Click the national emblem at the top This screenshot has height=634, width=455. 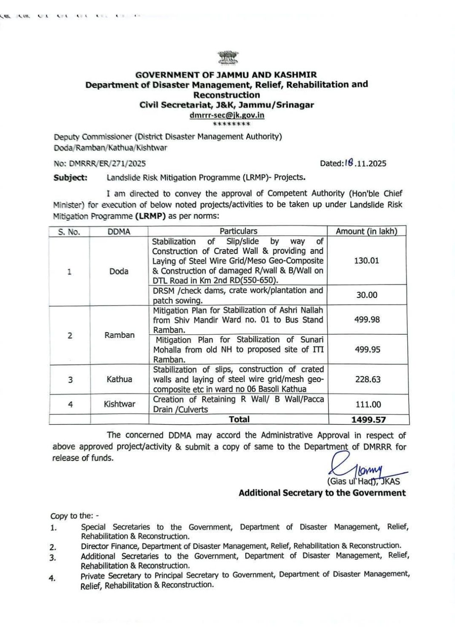click(227, 58)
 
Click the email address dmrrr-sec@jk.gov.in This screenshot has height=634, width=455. click(227, 115)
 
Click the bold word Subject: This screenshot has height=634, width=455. click(70, 178)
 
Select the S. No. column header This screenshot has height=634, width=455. click(69, 232)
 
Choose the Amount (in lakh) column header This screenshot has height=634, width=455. click(366, 231)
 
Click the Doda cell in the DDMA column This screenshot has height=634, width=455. click(119, 271)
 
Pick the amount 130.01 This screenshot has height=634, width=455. click(366, 261)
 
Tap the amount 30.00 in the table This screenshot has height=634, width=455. click(366, 295)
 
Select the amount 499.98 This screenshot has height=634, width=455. click(367, 319)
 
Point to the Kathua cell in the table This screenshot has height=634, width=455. click(119, 379)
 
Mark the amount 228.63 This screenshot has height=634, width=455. click(368, 379)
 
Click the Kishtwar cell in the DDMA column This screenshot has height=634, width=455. click(119, 404)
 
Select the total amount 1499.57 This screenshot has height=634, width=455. click(369, 420)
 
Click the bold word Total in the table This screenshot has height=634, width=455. click(239, 419)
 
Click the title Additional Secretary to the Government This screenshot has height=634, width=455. click(322, 493)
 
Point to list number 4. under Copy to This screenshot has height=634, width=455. click(52, 578)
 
